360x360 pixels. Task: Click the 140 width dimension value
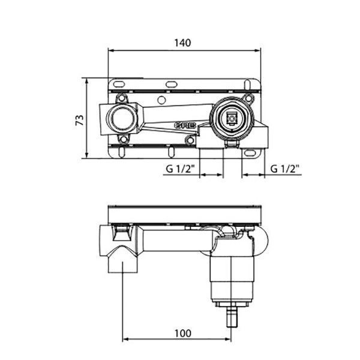183,43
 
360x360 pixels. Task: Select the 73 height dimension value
80,120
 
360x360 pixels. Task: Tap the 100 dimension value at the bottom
183,334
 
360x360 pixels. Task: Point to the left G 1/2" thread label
180,169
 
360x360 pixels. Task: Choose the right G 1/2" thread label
285,169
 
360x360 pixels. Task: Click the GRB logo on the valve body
185,125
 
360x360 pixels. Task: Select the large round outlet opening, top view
121,118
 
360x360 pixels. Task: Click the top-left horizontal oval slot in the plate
119,85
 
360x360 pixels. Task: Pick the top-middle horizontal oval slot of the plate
171,85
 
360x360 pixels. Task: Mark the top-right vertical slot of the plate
247,85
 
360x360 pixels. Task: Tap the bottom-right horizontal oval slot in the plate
250,153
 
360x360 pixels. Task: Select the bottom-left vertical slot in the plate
122,152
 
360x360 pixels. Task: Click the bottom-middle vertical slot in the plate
171,152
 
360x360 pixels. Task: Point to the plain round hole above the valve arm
162,100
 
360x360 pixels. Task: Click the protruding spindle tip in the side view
232,318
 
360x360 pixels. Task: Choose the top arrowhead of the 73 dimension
86,81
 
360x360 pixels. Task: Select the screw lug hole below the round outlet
123,139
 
